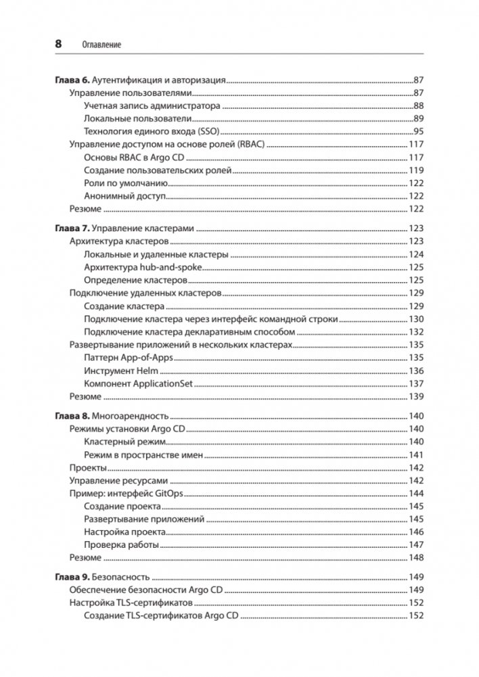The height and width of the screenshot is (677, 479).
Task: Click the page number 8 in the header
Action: pyautogui.click(x=58, y=44)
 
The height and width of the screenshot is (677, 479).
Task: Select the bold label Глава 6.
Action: pyautogui.click(x=70, y=80)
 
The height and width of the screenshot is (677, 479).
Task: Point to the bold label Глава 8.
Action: pyautogui.click(x=70, y=417)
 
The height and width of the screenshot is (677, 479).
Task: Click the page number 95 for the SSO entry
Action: pyautogui.click(x=418, y=131)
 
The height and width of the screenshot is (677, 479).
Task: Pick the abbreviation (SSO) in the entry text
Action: pyautogui.click(x=207, y=131)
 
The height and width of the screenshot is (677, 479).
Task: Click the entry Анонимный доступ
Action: pyautogui.click(x=125, y=196)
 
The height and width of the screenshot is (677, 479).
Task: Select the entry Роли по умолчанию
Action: pyautogui.click(x=126, y=183)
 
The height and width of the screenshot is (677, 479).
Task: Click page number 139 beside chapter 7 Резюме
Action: pyautogui.click(x=415, y=396)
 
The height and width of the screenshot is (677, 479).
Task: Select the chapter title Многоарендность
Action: pyautogui.click(x=130, y=417)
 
